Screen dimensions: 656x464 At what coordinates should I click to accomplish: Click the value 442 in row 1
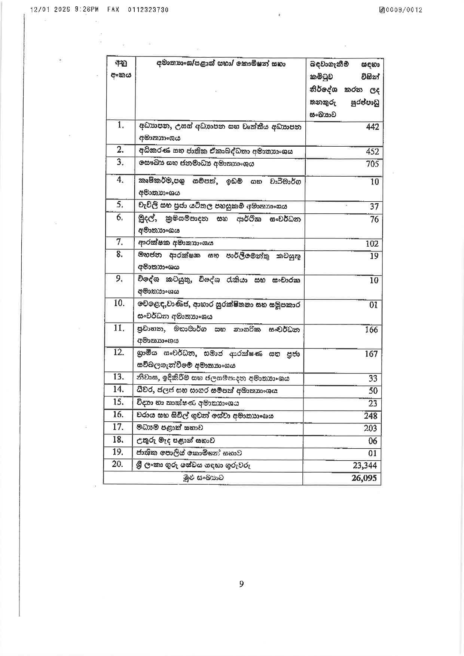(x=372, y=127)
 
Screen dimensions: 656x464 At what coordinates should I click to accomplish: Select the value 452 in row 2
(x=372, y=152)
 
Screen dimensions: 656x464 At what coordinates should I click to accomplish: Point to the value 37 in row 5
(x=374, y=207)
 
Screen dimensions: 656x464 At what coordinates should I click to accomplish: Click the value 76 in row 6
(x=374, y=219)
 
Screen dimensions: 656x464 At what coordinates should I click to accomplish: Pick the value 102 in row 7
(x=372, y=244)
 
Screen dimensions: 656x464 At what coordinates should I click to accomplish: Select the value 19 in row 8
(x=374, y=256)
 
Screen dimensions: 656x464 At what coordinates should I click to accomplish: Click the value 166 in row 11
(x=371, y=330)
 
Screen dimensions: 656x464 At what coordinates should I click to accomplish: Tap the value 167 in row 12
(x=371, y=354)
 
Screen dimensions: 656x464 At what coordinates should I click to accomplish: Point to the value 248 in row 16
(x=370, y=416)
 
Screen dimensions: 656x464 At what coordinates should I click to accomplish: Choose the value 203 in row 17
(x=370, y=428)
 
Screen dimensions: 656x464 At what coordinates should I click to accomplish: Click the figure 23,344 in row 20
(x=365, y=466)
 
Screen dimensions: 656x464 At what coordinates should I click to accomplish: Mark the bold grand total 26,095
(x=364, y=478)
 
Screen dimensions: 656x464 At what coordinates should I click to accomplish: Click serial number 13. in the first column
(x=118, y=377)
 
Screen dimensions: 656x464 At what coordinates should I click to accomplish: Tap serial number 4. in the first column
(x=120, y=180)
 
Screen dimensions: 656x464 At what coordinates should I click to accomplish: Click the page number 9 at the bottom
(x=241, y=584)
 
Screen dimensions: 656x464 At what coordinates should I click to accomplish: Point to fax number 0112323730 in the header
(x=148, y=10)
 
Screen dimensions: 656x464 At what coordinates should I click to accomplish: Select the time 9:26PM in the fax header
(x=87, y=10)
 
